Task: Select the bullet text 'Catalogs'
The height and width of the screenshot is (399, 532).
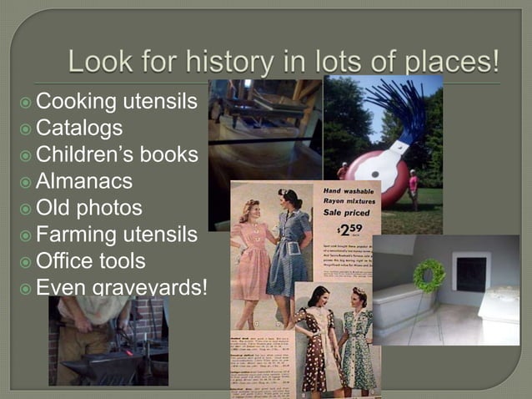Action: pyautogui.click(x=79, y=128)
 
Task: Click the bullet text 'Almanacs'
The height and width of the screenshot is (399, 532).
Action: pyautogui.click(x=84, y=180)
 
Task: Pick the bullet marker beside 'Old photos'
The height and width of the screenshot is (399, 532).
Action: pyautogui.click(x=27, y=208)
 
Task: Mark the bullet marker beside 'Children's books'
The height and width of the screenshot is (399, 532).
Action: pyautogui.click(x=27, y=155)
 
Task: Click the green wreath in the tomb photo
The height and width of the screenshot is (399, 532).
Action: pyautogui.click(x=429, y=275)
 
